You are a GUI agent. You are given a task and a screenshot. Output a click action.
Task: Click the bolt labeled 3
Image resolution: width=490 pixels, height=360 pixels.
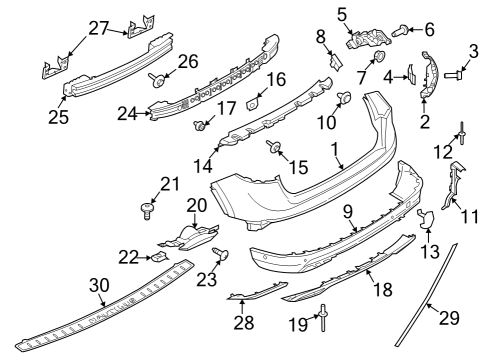[453, 73]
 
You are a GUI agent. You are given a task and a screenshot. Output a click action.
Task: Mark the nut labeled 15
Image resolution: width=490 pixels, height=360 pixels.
[271, 152]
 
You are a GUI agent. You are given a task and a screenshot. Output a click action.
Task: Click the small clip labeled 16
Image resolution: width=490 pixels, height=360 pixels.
[253, 102]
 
